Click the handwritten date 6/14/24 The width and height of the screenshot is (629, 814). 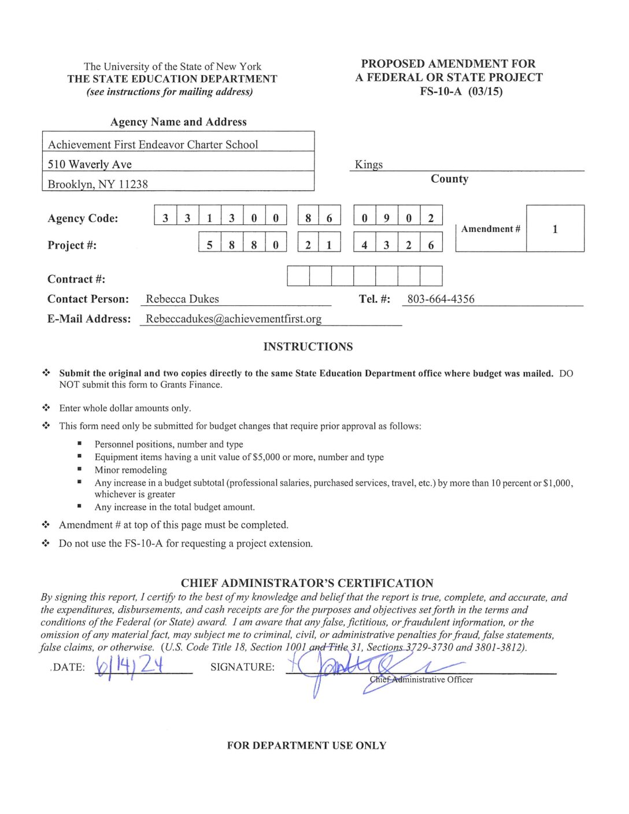pyautogui.click(x=130, y=665)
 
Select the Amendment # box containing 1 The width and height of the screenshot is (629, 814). pyautogui.click(x=554, y=229)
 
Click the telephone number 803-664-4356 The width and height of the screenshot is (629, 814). pyautogui.click(x=441, y=299)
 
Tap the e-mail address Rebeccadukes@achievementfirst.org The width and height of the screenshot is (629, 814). pyautogui.click(x=234, y=319)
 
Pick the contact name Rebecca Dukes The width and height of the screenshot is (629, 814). pyautogui.click(x=182, y=299)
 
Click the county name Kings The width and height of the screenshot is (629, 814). pyautogui.click(x=369, y=164)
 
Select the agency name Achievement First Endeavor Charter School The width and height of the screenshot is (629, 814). pyautogui.click(x=153, y=145)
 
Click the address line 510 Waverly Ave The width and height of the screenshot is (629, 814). pyautogui.click(x=90, y=164)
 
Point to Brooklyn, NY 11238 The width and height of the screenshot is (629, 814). pyautogui.click(x=98, y=184)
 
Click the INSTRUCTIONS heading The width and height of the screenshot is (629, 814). pyautogui.click(x=308, y=346)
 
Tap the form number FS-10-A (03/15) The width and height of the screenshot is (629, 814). pyautogui.click(x=461, y=91)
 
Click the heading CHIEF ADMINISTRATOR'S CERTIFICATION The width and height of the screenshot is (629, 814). pyautogui.click(x=307, y=583)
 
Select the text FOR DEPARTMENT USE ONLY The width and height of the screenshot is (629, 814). pyautogui.click(x=306, y=745)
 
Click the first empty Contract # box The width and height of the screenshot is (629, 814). pyautogui.click(x=298, y=276)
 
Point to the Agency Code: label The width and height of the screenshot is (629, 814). pyautogui.click(x=83, y=218)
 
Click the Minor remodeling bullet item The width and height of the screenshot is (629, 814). pyautogui.click(x=131, y=470)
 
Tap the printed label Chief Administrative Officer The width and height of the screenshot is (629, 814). pyautogui.click(x=421, y=679)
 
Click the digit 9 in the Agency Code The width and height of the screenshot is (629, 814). pyautogui.click(x=386, y=218)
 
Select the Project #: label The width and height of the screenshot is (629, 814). pyautogui.click(x=72, y=245)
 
